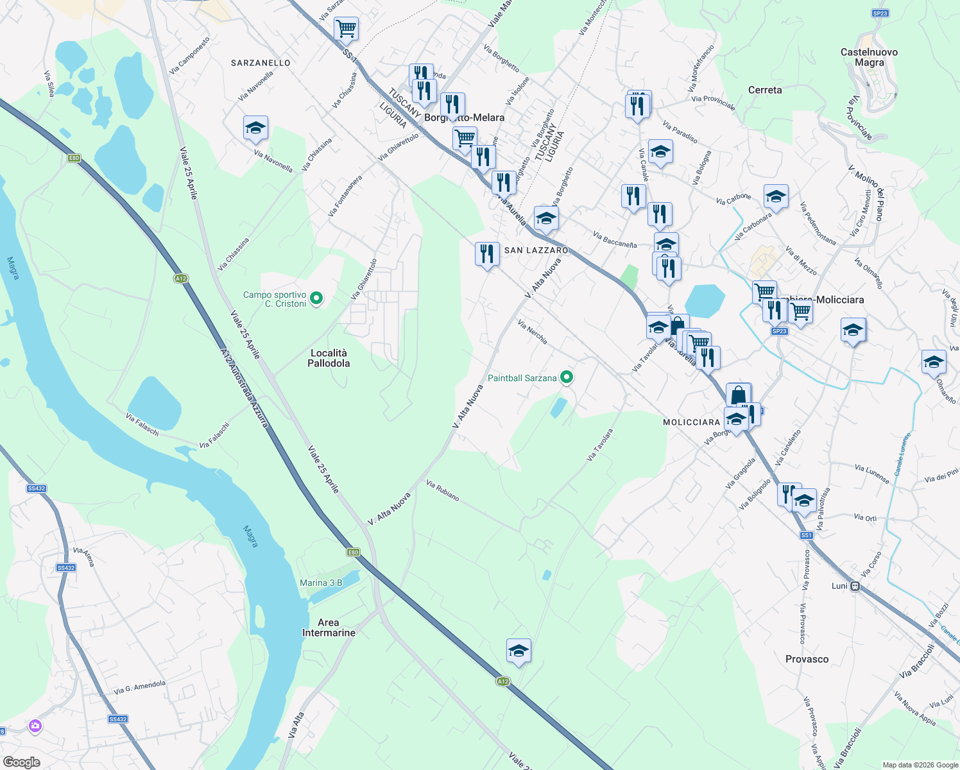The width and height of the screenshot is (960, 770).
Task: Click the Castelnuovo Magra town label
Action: pos(869,57)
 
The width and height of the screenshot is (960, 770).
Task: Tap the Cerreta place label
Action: pos(765,90)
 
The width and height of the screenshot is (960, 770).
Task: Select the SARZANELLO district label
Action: pos(261,63)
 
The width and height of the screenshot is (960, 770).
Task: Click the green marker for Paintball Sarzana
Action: pos(566,377)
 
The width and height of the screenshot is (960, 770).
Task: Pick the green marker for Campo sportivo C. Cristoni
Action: pos(316,298)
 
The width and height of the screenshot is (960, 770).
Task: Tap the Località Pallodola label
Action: pos(329,358)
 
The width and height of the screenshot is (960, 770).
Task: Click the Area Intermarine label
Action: pos(329,628)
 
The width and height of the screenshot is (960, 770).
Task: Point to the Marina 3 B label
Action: pos(321,583)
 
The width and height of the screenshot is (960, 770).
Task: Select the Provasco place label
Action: pos(807,659)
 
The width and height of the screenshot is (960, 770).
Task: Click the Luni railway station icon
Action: pos(855,586)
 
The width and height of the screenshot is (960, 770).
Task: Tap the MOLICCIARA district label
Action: pos(691,422)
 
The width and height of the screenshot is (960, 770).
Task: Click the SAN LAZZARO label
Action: pos(536,250)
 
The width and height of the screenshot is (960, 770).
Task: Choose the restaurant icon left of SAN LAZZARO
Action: pos(487,254)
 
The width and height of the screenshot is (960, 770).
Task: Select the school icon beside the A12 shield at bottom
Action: pos(519,651)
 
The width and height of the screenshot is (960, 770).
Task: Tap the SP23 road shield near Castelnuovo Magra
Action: pos(880,13)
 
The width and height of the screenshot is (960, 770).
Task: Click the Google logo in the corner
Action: pos(21,762)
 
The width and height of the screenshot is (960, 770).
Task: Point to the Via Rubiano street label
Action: pos(443,491)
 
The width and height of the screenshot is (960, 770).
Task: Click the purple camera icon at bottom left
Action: pos(35,726)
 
